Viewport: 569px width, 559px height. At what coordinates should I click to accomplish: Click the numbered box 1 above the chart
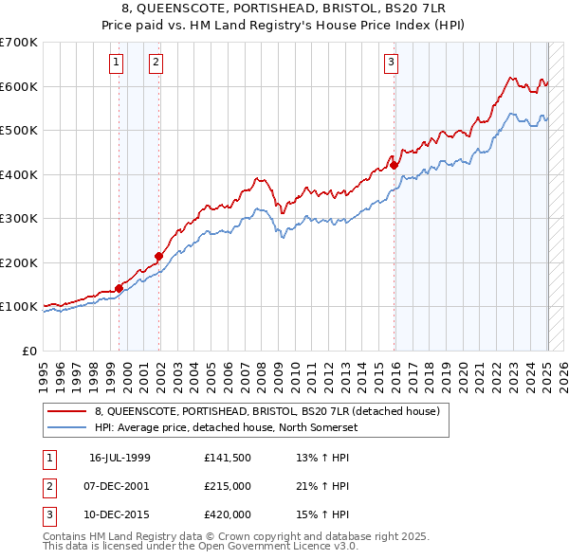[x=116, y=63]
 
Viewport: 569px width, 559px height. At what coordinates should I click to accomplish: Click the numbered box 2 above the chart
[x=155, y=63]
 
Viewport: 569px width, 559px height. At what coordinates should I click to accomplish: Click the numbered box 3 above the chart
[x=391, y=63]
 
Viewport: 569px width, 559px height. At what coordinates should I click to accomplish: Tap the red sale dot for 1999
[x=119, y=288]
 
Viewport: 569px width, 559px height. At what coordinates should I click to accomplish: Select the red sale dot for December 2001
[x=159, y=256]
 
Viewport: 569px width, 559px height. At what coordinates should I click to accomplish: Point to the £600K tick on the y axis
[x=19, y=86]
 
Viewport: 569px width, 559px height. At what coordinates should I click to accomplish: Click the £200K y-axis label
[x=19, y=262]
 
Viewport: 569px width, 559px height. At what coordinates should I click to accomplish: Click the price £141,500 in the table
[x=227, y=458]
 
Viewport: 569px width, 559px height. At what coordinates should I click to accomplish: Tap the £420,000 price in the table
[x=227, y=514]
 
